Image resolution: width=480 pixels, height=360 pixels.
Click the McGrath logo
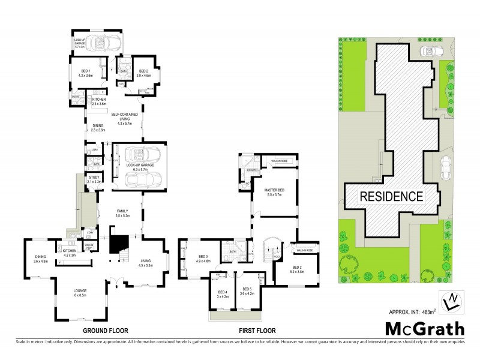tap(424, 329)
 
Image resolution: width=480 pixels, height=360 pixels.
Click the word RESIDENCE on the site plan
tap(391, 196)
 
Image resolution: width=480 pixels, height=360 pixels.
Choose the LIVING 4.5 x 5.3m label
tap(146, 262)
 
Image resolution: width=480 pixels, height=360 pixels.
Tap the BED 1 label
tap(85, 73)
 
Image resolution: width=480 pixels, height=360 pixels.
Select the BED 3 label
tap(202, 258)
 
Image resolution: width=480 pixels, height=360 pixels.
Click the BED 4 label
tap(223, 295)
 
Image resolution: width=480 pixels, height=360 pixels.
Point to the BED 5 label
tap(247, 295)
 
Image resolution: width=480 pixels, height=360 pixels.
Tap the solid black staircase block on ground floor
tap(117, 244)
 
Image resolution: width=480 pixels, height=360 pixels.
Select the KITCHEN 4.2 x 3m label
tap(70, 253)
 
